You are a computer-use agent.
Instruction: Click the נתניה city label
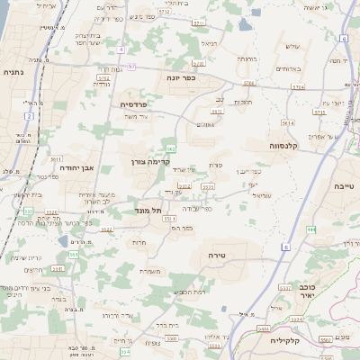(13, 72)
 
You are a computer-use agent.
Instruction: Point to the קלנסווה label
(286, 144)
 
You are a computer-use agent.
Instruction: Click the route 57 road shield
(131, 66)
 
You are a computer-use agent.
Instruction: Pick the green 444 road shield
(312, 230)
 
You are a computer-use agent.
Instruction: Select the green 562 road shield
(171, 148)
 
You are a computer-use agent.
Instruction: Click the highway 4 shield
(119, 49)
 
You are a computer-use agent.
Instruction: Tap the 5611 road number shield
(56, 159)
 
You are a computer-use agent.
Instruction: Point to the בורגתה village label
(246, 58)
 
